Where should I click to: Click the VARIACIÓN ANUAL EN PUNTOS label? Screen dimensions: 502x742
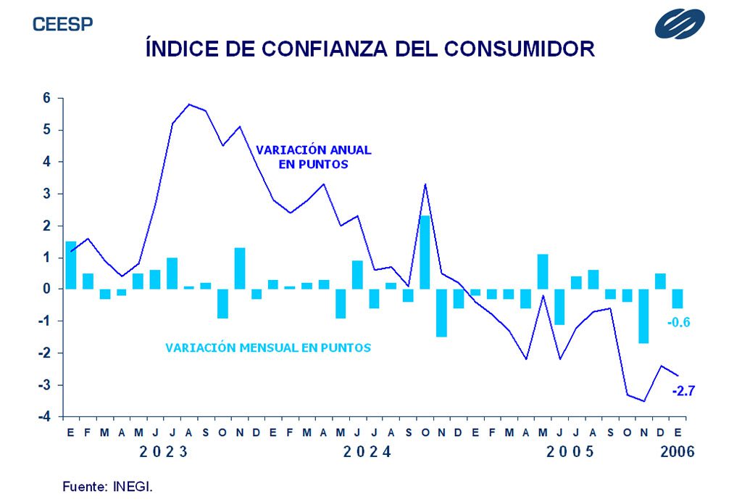coord(313,157)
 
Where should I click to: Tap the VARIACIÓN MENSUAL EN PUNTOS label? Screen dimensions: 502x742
coord(268,347)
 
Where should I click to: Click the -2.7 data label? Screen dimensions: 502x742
coord(683,391)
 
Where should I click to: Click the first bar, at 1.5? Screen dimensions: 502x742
coord(71,266)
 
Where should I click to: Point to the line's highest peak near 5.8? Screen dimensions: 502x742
coord(189,104)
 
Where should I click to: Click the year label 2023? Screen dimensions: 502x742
coord(164,452)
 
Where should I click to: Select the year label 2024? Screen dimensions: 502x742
coord(367,452)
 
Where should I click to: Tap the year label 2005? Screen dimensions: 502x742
coord(570,452)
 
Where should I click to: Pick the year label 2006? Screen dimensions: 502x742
coord(677,452)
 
